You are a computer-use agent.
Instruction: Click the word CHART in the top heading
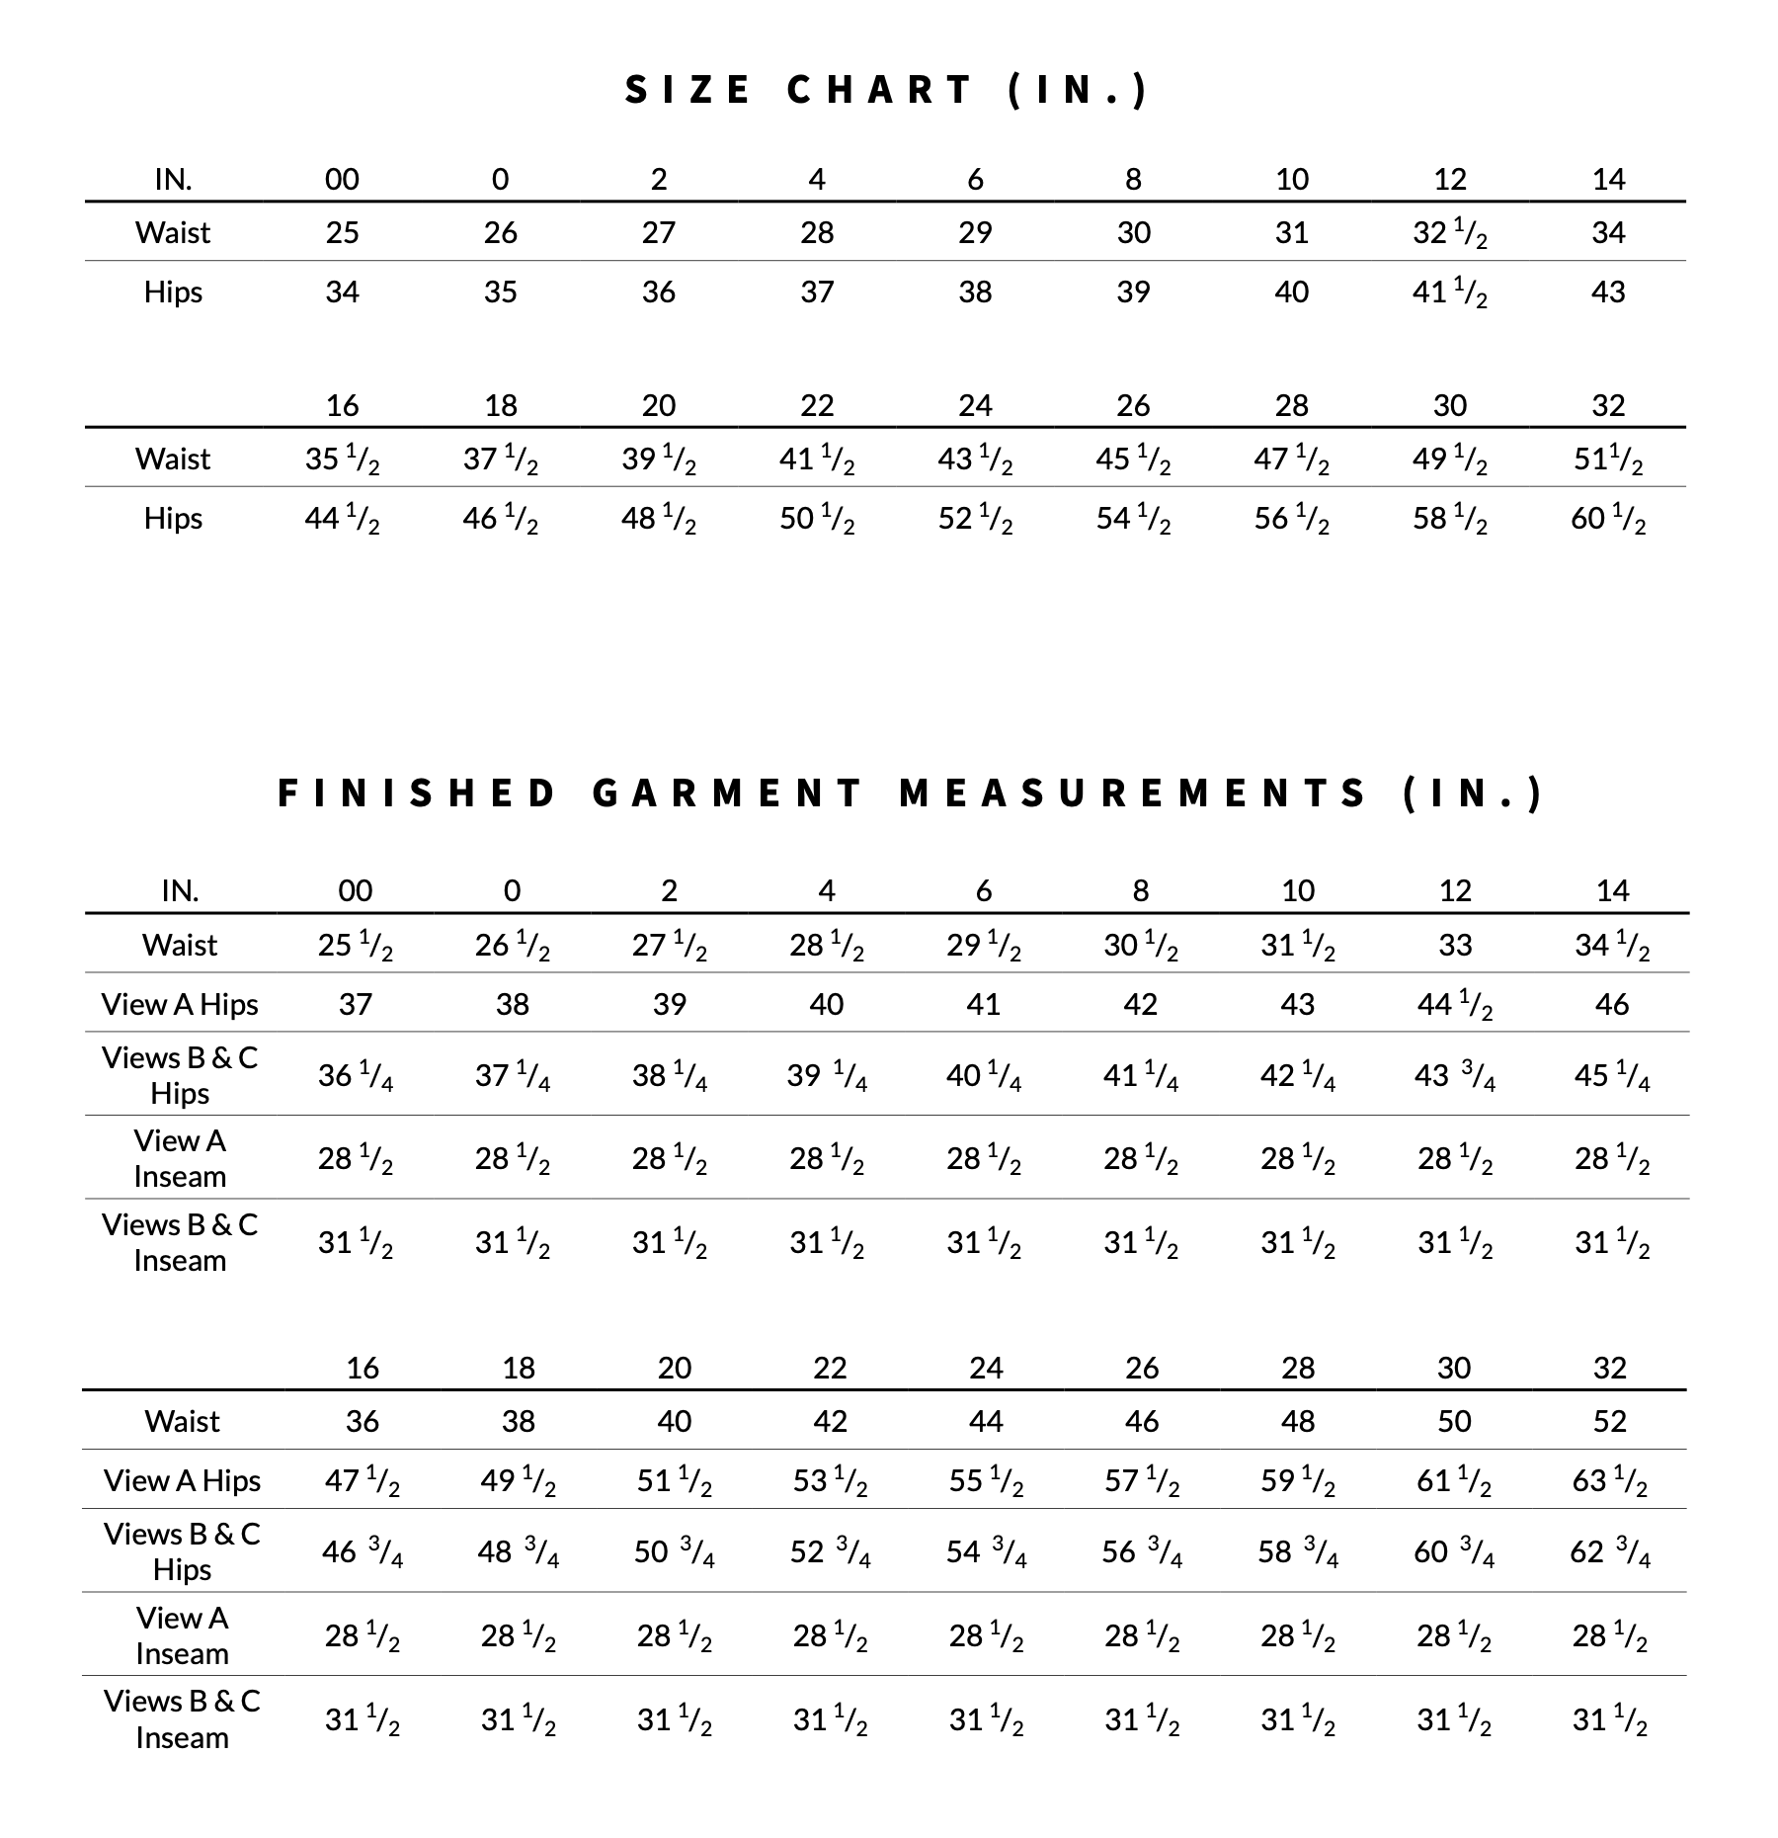tap(880, 90)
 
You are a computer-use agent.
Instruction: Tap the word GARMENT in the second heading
tap(729, 794)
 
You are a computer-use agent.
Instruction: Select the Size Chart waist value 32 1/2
tap(1449, 233)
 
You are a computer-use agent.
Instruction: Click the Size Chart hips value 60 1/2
tap(1608, 519)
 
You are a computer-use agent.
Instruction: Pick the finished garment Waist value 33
tap(1455, 946)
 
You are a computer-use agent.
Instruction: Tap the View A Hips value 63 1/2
tap(1609, 1481)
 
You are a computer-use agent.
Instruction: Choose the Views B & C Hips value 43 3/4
tap(1455, 1075)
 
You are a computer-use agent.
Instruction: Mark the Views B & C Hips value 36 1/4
tap(356, 1075)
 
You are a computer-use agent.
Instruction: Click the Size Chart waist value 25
tap(343, 233)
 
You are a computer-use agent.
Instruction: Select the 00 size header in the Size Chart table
tap(343, 179)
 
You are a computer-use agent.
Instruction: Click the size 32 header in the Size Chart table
tap(1608, 405)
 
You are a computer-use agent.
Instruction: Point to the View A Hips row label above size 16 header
tap(180, 1005)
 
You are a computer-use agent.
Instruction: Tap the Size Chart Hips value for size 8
tap(1133, 292)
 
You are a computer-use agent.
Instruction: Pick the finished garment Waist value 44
tap(986, 1421)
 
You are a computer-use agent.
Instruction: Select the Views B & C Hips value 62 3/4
tap(1609, 1552)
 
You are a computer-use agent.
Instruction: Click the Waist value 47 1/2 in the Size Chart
tap(1291, 459)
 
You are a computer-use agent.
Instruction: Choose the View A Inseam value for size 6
tap(984, 1158)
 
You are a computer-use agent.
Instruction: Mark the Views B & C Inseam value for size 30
tap(1454, 1720)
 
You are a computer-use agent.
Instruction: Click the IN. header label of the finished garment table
tap(180, 891)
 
